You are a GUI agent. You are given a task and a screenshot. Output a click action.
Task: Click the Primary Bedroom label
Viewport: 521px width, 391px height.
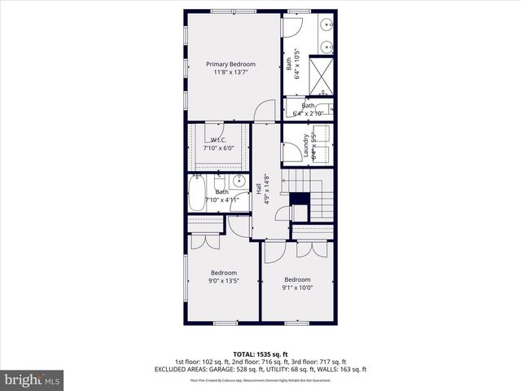[x=230, y=64]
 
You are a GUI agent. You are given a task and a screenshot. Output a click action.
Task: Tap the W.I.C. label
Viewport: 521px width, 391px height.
[x=217, y=140]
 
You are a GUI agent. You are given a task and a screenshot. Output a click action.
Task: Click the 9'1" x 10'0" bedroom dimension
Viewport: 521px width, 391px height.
[x=297, y=287]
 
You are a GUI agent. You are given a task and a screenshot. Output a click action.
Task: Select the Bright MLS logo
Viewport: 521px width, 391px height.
[x=33, y=380]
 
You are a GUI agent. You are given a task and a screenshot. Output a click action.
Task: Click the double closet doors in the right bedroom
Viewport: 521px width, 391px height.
[x=304, y=248]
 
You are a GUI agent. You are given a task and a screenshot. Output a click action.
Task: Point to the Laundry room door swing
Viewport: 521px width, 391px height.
[x=291, y=153]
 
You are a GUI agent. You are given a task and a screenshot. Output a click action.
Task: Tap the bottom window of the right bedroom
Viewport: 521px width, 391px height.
[x=296, y=323]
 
